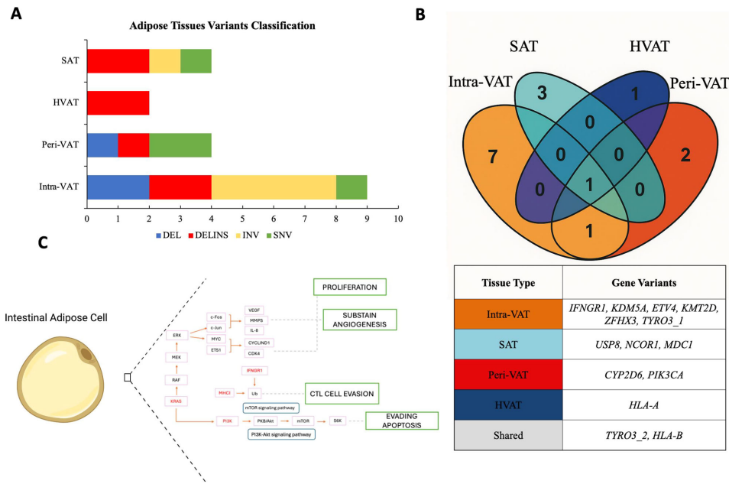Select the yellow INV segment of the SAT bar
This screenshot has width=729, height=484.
[x=164, y=60]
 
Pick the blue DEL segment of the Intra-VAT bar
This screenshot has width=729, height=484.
[x=118, y=187]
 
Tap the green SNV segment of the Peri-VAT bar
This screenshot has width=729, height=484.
[x=180, y=145]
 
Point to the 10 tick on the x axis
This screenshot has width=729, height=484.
[x=397, y=219]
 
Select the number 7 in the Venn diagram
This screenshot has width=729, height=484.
[x=492, y=158]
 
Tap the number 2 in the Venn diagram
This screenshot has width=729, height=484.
[x=685, y=154]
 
